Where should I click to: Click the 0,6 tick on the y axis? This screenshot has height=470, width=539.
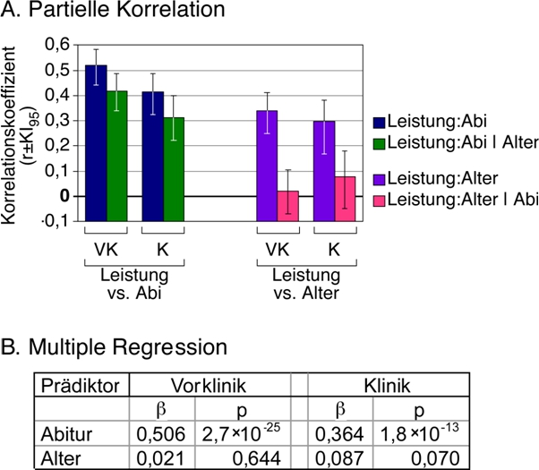(x=57, y=44)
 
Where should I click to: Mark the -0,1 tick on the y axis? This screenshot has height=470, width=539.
(x=56, y=222)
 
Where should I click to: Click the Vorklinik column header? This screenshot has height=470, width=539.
(x=209, y=387)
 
